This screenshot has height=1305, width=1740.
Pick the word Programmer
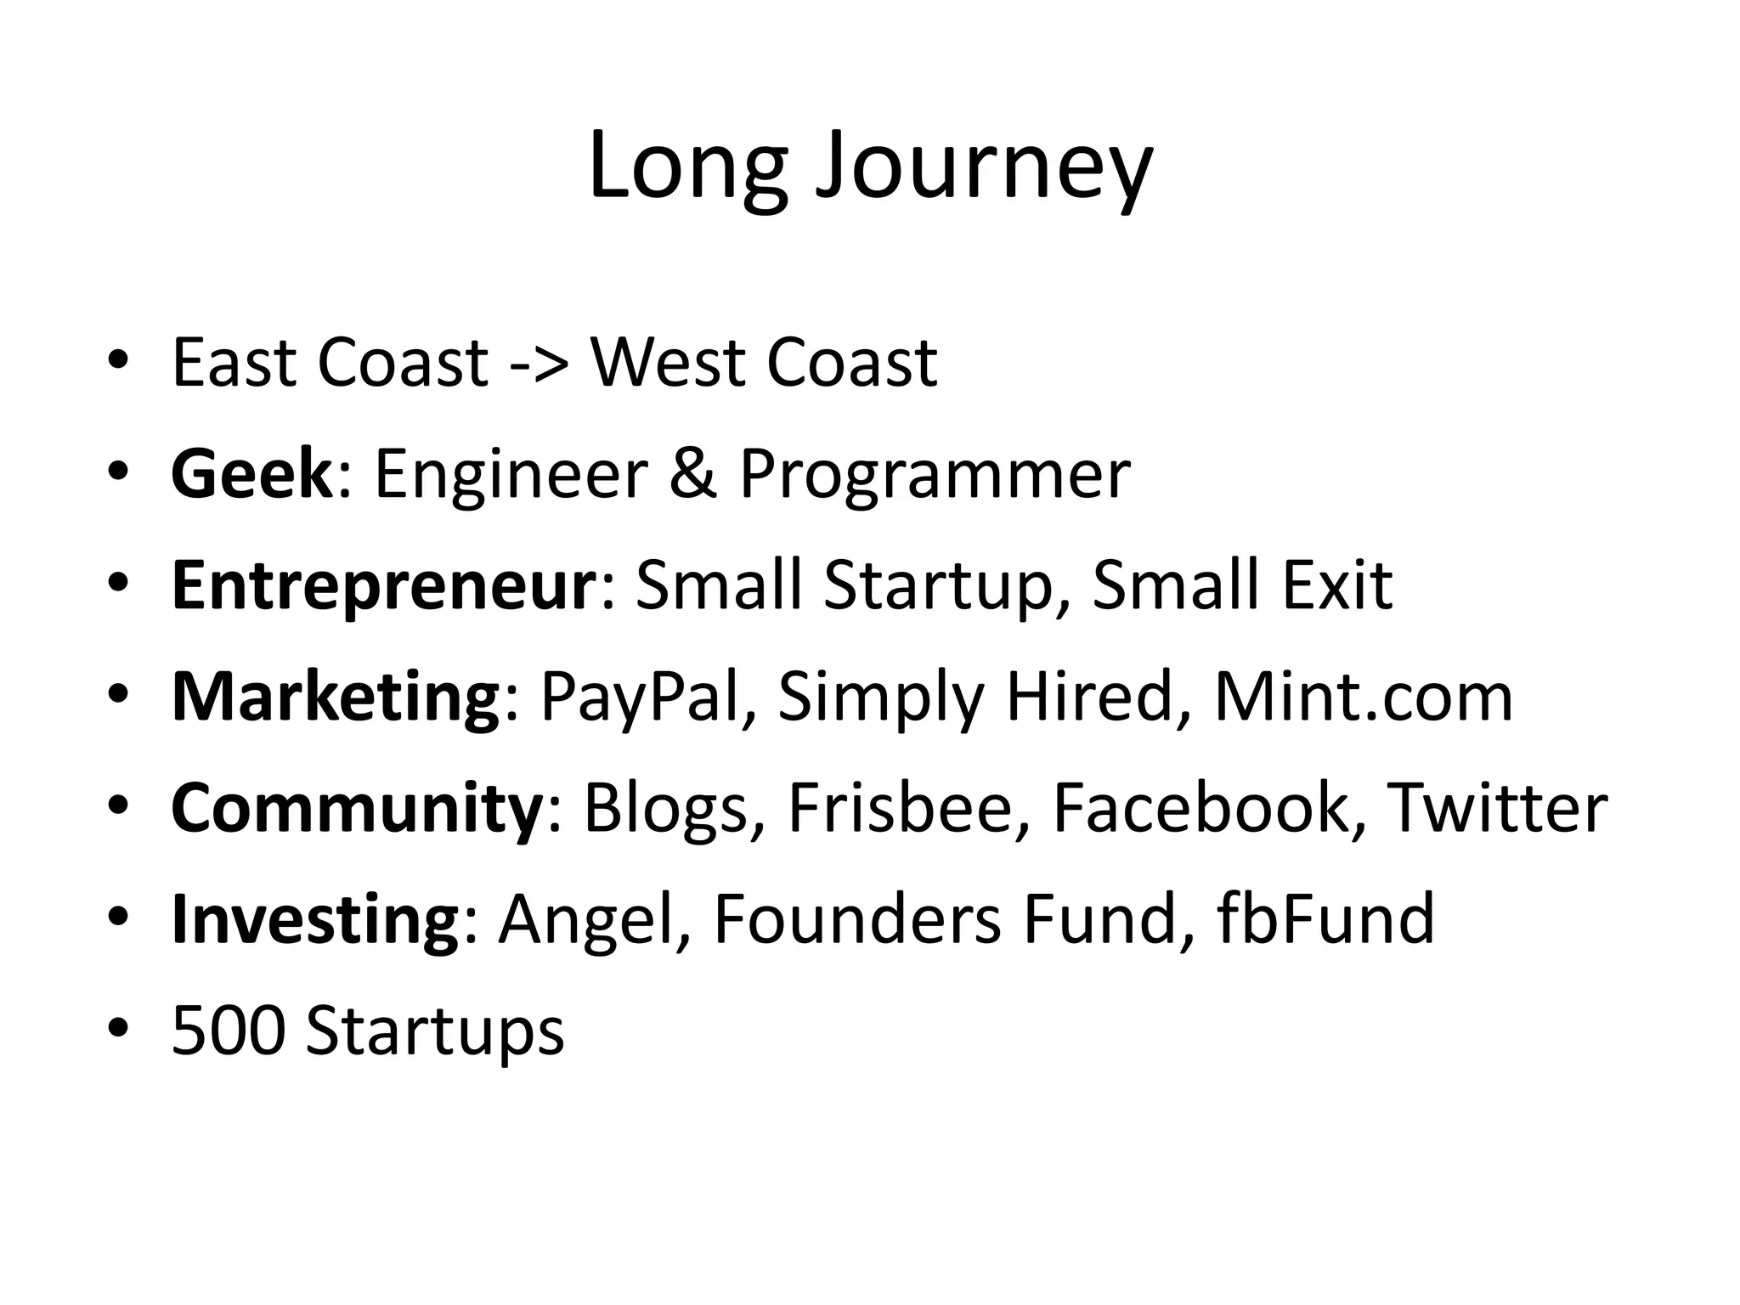pyautogui.click(x=935, y=476)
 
